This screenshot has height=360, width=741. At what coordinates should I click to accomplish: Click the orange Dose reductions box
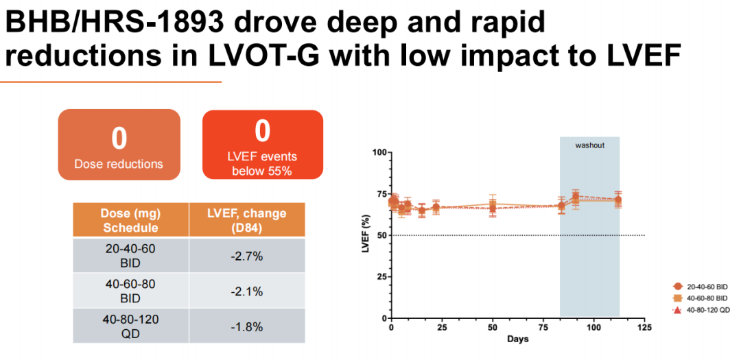119,145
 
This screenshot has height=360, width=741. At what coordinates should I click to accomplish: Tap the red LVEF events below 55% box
262,145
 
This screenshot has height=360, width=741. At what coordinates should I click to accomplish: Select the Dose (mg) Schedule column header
130,220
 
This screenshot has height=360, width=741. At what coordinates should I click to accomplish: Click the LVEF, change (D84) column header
247,220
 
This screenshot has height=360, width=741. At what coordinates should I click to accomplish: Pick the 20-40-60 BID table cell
130,256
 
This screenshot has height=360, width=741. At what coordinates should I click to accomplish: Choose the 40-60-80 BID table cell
130,291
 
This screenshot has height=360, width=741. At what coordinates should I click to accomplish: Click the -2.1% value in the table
247,291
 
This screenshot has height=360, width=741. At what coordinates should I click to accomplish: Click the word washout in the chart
589,145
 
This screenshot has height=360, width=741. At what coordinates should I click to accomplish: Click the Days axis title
517,339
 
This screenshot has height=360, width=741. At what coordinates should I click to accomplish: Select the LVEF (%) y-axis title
366,235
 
